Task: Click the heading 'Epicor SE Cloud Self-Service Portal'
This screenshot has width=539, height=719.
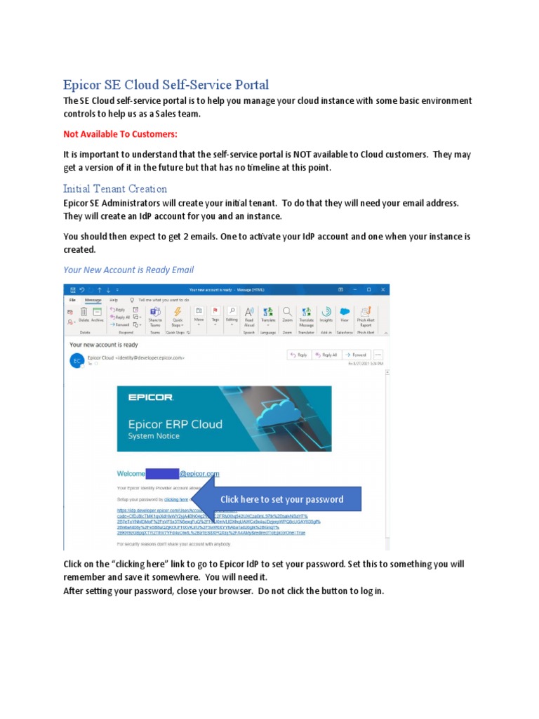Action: coord(166,85)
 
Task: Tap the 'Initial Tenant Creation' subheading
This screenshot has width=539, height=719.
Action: coord(115,188)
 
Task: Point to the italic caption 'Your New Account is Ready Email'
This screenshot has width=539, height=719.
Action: coord(128,270)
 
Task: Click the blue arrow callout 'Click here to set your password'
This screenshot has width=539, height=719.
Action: coord(281,499)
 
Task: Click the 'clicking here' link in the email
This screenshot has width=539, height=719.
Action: coord(176,499)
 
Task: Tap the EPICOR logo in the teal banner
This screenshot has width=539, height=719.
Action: coord(150,397)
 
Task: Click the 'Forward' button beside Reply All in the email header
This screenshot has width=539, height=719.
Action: coord(357,355)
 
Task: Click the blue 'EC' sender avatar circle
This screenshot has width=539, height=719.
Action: coord(76,359)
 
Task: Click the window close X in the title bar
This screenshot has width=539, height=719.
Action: coord(382,289)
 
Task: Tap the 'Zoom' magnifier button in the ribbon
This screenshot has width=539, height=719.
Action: coord(287,315)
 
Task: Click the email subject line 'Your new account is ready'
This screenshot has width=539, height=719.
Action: coord(104,345)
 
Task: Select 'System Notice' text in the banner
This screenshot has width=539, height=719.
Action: coord(153,436)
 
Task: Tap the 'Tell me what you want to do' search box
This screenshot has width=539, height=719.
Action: coord(163,299)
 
